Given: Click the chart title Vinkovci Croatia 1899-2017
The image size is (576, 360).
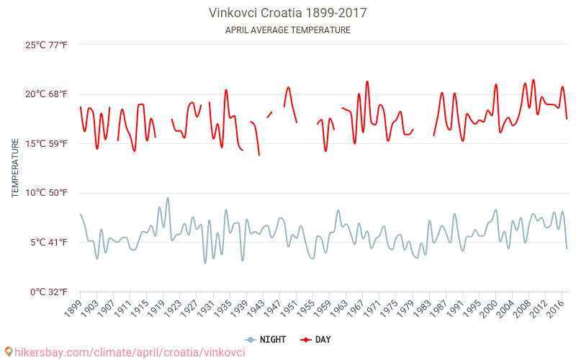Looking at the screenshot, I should pos(287,13).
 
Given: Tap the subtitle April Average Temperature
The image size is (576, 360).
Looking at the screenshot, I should pos(287,30).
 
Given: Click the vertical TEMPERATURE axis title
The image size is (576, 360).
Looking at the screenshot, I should pos(15,168).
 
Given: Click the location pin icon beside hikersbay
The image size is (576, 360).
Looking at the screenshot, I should pos(9,352).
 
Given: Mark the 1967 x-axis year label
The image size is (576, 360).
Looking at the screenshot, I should pos(359,308).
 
